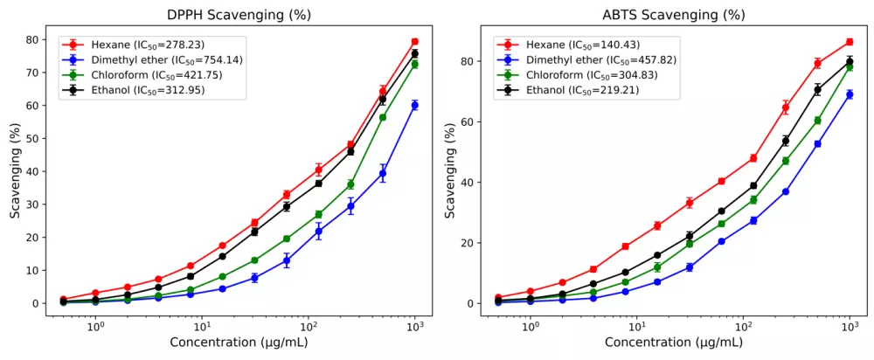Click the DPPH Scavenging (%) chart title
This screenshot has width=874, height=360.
(x=239, y=15)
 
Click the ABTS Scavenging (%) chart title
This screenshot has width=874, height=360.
(x=673, y=15)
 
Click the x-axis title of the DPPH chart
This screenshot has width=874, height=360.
(x=239, y=343)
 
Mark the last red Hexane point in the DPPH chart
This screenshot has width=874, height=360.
(x=415, y=42)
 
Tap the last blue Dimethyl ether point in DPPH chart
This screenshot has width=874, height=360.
(x=415, y=105)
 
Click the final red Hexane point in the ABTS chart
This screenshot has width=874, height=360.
(x=849, y=42)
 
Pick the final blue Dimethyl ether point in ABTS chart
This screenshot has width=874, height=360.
(x=849, y=94)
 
